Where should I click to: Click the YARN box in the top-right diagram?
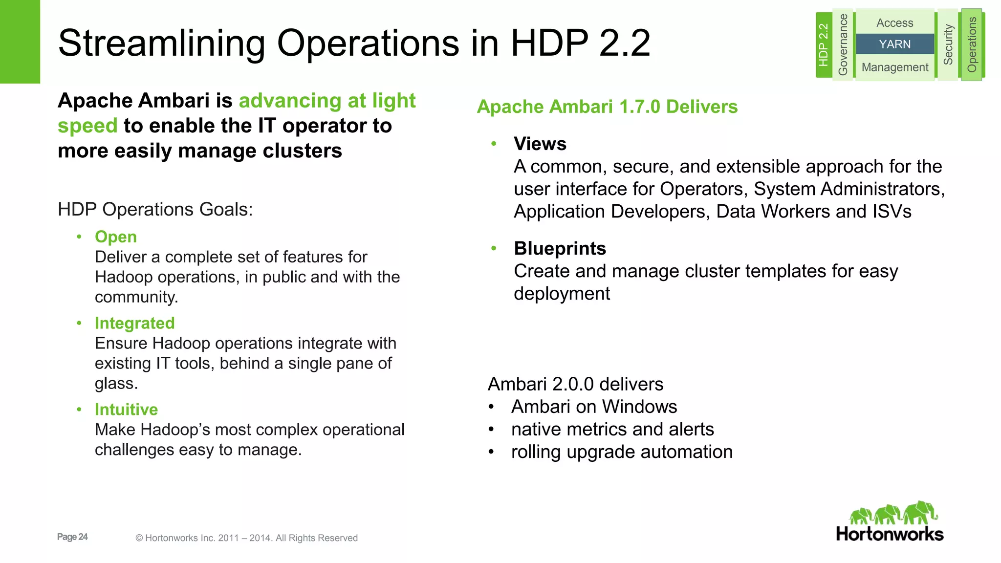pyautogui.click(x=894, y=44)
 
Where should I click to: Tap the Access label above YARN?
pyautogui.click(x=894, y=23)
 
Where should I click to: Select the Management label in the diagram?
pyautogui.click(x=894, y=67)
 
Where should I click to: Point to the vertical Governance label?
pyautogui.click(x=843, y=44)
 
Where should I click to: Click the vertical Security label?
pyautogui.click(x=948, y=44)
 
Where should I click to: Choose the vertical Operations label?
pyautogui.click(x=972, y=44)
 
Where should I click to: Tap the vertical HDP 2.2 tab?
pyautogui.click(x=824, y=44)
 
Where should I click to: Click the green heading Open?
pyautogui.click(x=115, y=237)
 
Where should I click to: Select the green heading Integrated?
pyautogui.click(x=134, y=323)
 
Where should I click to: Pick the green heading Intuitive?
pyautogui.click(x=126, y=410)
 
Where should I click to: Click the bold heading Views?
pyautogui.click(x=540, y=144)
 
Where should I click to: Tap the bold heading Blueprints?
pyautogui.click(x=560, y=248)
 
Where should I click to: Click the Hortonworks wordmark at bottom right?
pyautogui.click(x=890, y=534)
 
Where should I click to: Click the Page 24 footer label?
pyautogui.click(x=72, y=537)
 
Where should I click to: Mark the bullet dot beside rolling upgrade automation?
pyautogui.click(x=491, y=452)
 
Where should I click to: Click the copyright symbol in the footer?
pyautogui.click(x=139, y=538)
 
